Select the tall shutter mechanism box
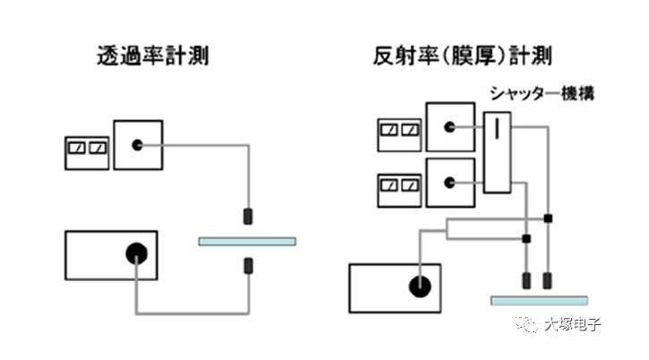[496, 152]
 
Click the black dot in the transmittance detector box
[137, 145]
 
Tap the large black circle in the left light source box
[134, 253]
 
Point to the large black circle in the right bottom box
[419, 287]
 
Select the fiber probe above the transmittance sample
[247, 216]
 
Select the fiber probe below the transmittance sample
[247, 265]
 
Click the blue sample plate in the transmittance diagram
[246, 241]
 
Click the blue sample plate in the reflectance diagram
[540, 299]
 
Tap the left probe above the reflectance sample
[526, 280]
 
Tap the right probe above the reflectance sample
[548, 280]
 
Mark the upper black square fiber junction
[548, 218]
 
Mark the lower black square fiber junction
[526, 238]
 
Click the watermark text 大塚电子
[572, 325]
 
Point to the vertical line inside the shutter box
[496, 129]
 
